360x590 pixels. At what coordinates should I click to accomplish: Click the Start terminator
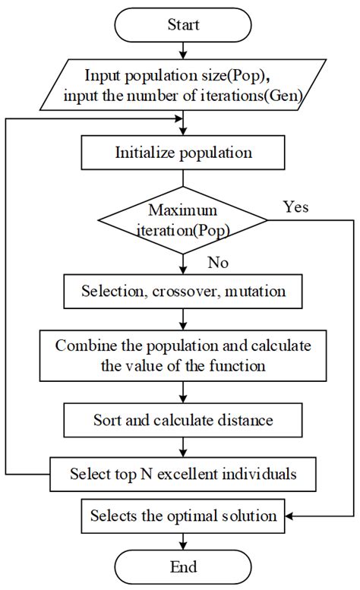[183, 24]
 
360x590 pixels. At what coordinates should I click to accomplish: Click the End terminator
[183, 566]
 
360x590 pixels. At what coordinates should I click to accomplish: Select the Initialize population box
[183, 153]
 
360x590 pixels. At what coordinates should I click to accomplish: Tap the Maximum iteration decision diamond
[183, 220]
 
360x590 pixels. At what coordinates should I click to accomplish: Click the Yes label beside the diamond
[296, 207]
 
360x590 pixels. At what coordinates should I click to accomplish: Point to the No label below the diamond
[218, 263]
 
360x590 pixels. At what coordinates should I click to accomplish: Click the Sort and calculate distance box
[183, 419]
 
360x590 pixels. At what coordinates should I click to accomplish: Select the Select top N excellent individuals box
[183, 475]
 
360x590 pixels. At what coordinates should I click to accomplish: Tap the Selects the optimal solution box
[183, 516]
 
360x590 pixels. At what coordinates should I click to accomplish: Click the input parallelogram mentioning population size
[183, 86]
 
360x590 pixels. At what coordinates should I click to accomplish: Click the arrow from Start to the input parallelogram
[183, 51]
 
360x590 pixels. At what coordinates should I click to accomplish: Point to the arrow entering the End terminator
[183, 541]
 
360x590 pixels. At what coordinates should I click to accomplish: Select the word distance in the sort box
[247, 419]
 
